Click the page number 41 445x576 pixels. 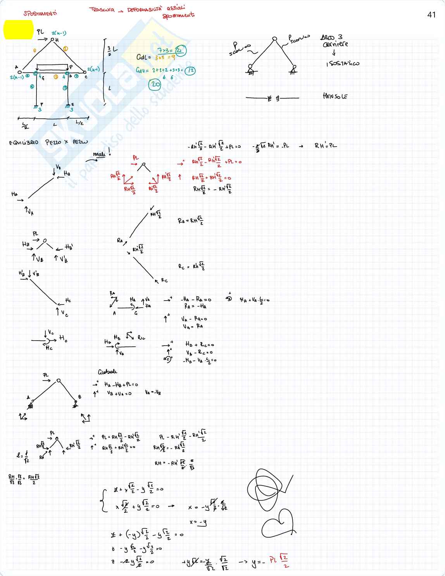(431, 15)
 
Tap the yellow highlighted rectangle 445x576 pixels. (18, 30)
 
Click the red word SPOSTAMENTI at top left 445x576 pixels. (40, 13)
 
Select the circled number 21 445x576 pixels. (179, 50)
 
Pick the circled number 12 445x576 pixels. (190, 71)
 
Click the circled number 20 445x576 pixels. (155, 84)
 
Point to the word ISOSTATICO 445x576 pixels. (343, 63)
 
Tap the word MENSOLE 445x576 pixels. (335, 96)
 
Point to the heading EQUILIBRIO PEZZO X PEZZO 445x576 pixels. (48, 142)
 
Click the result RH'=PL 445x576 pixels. (326, 146)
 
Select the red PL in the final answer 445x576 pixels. (274, 560)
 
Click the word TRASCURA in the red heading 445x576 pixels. (102, 9)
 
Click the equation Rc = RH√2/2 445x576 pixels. (191, 266)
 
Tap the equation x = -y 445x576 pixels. (198, 522)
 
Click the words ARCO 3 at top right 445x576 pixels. (331, 38)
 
